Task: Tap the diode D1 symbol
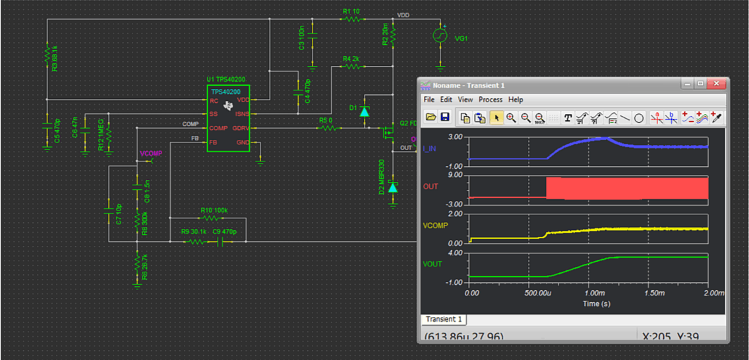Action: (365, 111)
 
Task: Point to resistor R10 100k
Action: (212, 217)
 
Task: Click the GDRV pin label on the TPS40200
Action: (240, 128)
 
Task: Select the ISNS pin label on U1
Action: (241, 114)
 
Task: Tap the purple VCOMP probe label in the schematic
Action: (151, 154)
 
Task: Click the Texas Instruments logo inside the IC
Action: (228, 105)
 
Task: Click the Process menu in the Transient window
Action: (491, 100)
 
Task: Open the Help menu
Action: (516, 100)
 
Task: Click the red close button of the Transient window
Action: (718, 84)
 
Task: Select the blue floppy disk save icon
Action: (445, 117)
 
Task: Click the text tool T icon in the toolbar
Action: (568, 118)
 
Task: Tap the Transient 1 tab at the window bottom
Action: (444, 319)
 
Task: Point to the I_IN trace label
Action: (429, 148)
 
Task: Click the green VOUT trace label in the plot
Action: (432, 264)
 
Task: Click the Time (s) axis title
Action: (591, 304)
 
